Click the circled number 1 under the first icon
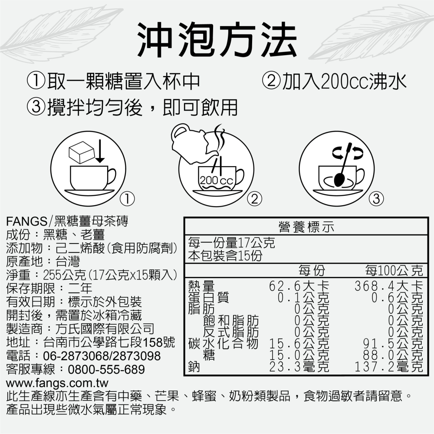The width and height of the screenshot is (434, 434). tap(127, 199)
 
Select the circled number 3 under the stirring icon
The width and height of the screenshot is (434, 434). tap(376, 199)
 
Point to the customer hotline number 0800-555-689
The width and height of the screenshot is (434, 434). tap(106, 370)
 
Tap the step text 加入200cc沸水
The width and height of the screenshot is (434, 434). tap(335, 81)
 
